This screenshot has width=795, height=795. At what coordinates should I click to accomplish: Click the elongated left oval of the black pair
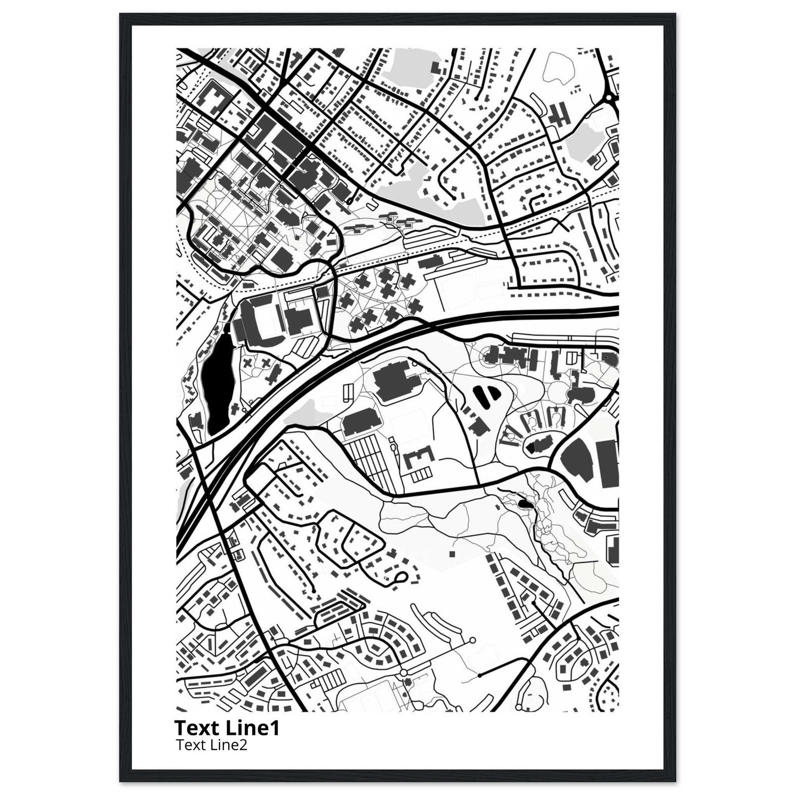[480, 396]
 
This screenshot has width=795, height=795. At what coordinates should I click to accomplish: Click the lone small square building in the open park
[452, 554]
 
